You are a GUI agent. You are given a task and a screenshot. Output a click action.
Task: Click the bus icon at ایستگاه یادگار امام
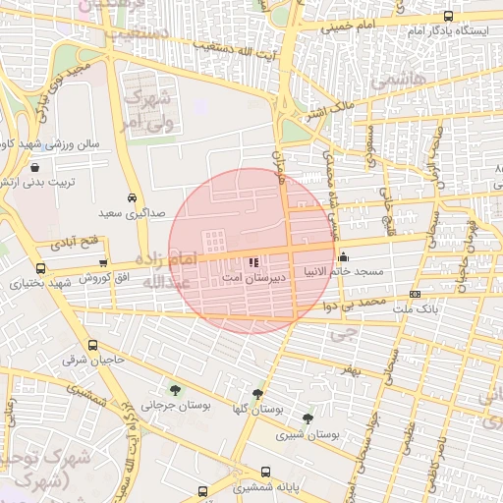(449, 17)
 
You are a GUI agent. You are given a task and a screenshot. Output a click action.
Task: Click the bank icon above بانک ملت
(415, 295)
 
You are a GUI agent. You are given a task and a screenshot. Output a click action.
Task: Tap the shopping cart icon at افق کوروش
(104, 262)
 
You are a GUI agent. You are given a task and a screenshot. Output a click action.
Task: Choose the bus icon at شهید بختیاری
(40, 267)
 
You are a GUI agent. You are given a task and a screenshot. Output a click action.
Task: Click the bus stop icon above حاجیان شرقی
(93, 346)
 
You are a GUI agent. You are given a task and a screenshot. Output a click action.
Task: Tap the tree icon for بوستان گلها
(257, 394)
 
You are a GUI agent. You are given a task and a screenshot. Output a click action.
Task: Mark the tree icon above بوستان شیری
(308, 419)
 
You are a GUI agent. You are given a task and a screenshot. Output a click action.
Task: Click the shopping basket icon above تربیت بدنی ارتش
(34, 168)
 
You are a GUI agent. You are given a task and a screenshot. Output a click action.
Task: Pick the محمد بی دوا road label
(355, 305)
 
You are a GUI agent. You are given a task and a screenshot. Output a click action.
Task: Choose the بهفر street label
(353, 371)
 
